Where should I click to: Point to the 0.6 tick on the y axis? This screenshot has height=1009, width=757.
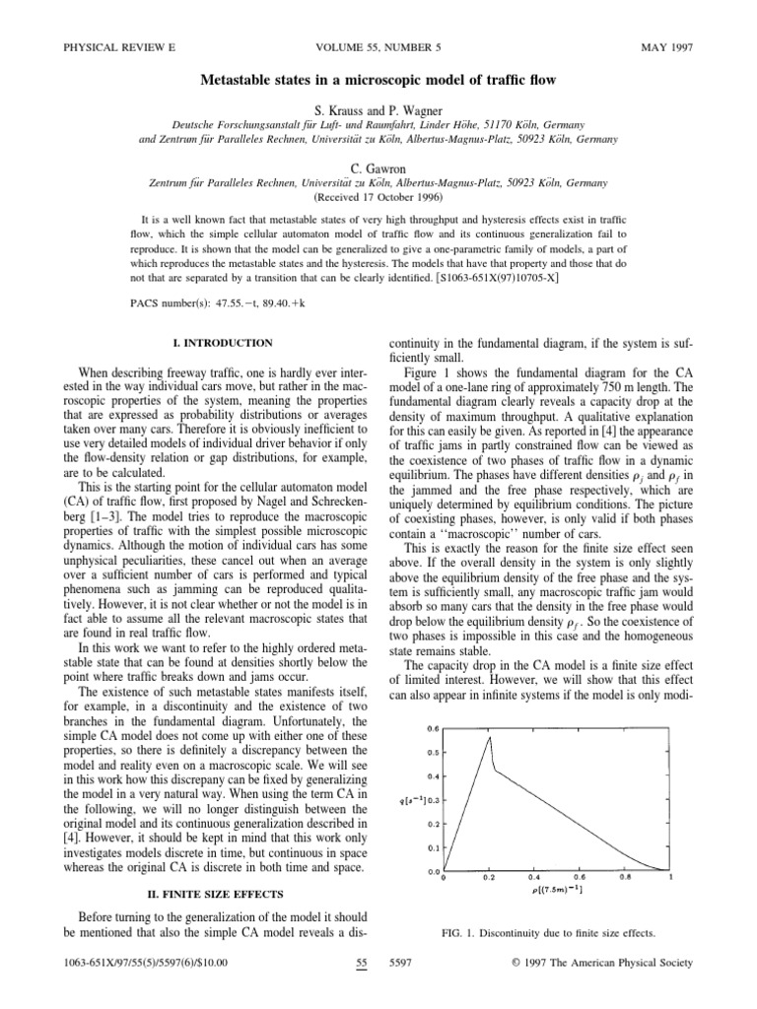point(433,729)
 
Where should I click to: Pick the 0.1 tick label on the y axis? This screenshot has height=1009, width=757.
point(433,847)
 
